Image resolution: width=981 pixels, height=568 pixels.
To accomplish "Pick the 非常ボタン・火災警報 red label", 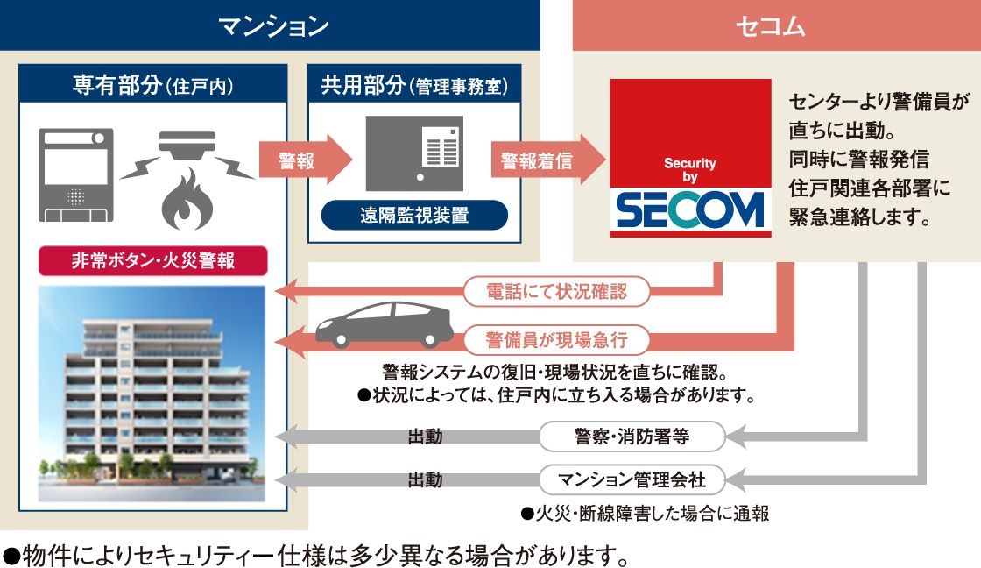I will pos(152,259).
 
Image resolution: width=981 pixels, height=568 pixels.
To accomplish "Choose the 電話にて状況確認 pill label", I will pos(556,292).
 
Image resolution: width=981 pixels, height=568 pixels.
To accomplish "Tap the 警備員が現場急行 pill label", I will pos(556,338).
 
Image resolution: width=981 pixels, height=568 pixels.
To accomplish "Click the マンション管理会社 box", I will pos(631,479).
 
